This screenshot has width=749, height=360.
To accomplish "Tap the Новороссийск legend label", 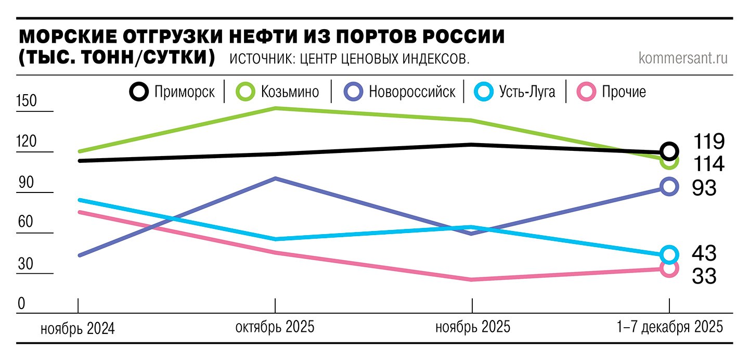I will click(x=399, y=92).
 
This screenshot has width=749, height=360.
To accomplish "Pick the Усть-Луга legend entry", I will click(x=515, y=92).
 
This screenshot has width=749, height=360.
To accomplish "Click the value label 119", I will click(x=708, y=141).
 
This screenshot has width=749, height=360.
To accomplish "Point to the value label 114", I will click(x=708, y=164).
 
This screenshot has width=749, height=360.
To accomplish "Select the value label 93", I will click(x=704, y=188).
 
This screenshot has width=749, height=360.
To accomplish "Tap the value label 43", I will click(x=704, y=253).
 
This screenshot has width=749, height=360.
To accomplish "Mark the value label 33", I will click(x=704, y=276).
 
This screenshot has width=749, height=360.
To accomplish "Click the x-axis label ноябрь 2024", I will click(x=78, y=328).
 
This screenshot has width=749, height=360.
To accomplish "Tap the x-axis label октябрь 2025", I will click(x=275, y=327).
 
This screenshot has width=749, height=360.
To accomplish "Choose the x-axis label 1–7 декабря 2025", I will click(x=670, y=327).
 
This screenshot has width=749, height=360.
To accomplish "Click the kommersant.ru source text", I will click(x=683, y=58).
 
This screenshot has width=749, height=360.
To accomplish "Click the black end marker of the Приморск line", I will click(x=669, y=151).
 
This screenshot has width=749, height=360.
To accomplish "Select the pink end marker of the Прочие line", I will click(x=669, y=268).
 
